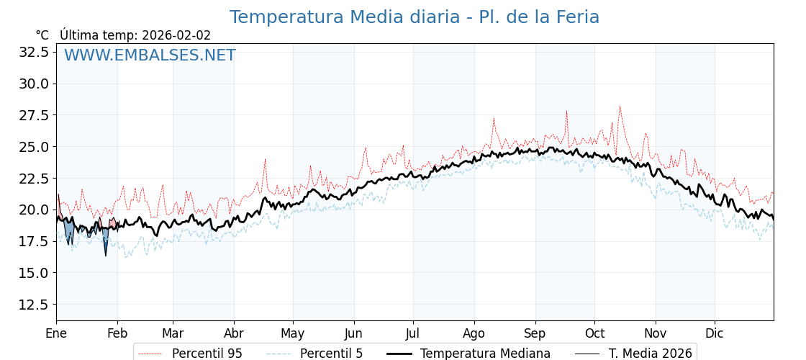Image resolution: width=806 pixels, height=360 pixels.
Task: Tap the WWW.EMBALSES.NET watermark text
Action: point(150,55)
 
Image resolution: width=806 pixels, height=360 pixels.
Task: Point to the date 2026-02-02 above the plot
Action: point(176,35)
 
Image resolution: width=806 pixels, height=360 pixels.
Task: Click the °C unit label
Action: point(42,35)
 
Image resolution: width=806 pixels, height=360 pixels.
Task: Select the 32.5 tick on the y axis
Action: point(34,52)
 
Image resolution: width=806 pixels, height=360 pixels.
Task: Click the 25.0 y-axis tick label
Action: point(34,147)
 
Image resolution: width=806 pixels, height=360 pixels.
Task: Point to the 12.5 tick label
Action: point(34,305)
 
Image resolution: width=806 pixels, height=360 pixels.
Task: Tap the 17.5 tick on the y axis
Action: point(34,241)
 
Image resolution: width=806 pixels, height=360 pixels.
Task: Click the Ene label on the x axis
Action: point(56,333)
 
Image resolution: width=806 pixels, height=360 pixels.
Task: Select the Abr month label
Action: point(234,333)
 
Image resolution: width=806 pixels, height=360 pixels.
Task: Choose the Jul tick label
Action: point(413,333)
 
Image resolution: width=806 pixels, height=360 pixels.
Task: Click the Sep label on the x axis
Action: point(535,333)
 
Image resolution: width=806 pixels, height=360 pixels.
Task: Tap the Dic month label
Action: point(715,333)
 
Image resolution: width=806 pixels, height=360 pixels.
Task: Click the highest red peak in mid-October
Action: point(620,107)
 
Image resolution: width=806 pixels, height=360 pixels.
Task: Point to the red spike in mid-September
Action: point(566,112)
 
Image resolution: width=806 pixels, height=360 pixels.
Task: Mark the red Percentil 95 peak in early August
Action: point(494,119)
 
